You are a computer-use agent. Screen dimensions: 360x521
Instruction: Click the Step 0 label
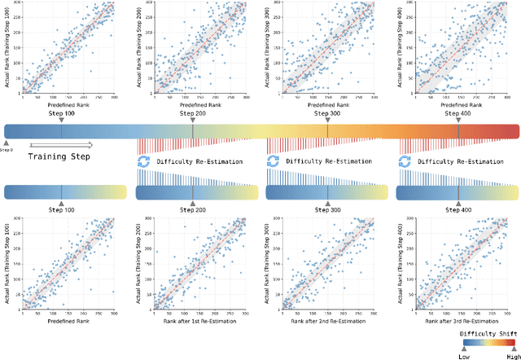7,150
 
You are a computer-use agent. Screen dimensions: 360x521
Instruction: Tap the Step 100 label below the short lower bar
61,210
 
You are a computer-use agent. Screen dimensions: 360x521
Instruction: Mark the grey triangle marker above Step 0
7,143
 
